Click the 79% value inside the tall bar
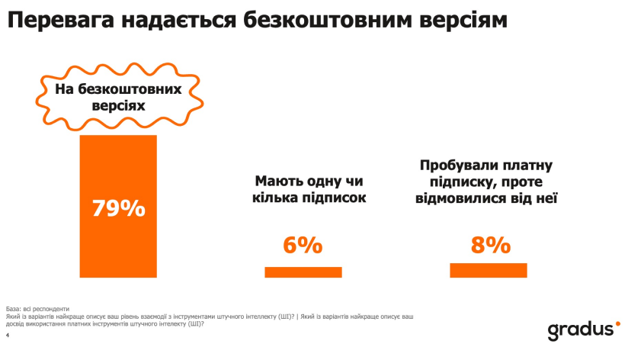pyautogui.click(x=118, y=207)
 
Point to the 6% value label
pyautogui.click(x=303, y=246)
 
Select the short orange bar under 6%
pyautogui.click(x=303, y=272)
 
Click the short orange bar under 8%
pyautogui.click(x=489, y=270)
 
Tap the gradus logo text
pyautogui.click(x=578, y=330)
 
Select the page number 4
pyautogui.click(x=7, y=334)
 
